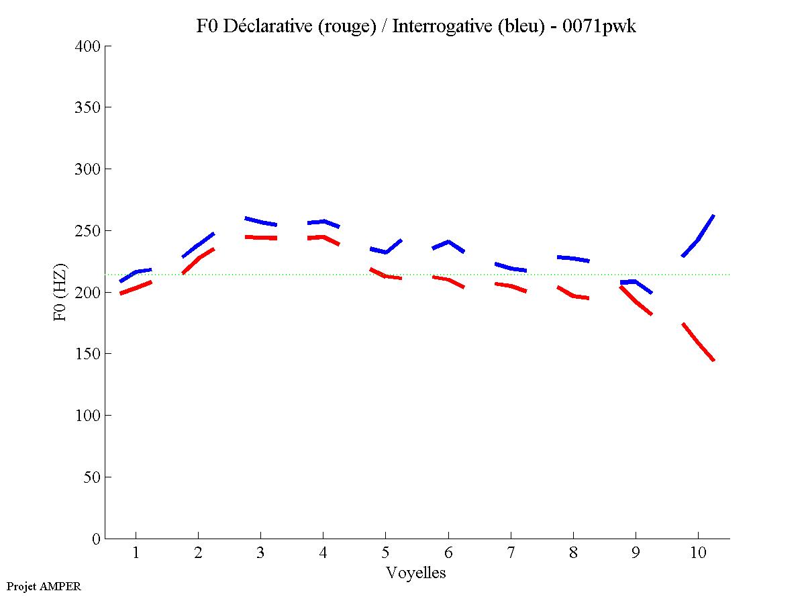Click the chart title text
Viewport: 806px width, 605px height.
[415, 26]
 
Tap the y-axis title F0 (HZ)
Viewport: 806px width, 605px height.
[60, 292]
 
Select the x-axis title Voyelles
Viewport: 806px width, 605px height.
[415, 573]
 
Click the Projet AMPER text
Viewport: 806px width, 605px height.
[44, 586]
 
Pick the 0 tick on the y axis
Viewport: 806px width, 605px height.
[97, 539]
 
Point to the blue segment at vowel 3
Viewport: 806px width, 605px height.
[260, 222]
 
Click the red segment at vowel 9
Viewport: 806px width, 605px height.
[636, 301]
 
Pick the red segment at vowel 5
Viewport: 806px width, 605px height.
[386, 275]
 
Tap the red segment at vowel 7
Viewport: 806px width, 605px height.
[511, 287]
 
